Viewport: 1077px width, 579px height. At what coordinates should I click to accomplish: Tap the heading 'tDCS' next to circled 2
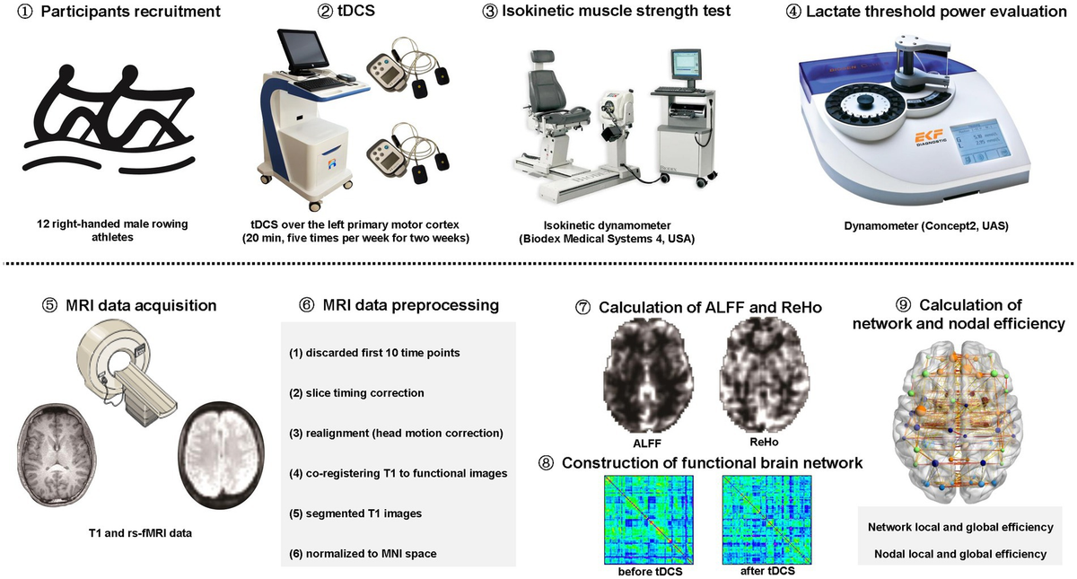[355, 11]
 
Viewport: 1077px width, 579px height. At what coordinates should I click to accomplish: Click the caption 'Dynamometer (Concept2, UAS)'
[926, 225]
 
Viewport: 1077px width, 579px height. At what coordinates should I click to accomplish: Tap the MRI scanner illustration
[127, 372]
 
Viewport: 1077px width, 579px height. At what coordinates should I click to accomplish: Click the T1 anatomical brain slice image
[57, 455]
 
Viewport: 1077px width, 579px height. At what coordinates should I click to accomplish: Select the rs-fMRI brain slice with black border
[221, 455]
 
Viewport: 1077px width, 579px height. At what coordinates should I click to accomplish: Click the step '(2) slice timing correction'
[356, 393]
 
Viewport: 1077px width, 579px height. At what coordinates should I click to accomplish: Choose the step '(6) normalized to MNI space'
[363, 554]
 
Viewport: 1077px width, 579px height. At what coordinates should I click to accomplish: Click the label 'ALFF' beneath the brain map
[647, 443]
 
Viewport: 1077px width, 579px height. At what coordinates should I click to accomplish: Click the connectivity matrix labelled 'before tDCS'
[649, 520]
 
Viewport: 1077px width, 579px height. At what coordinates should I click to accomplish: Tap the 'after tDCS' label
[767, 571]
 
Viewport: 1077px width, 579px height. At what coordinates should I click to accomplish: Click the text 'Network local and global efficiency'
[960, 527]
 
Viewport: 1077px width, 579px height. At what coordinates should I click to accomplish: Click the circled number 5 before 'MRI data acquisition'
[49, 305]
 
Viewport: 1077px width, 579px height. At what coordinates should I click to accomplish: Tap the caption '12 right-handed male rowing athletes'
[112, 231]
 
